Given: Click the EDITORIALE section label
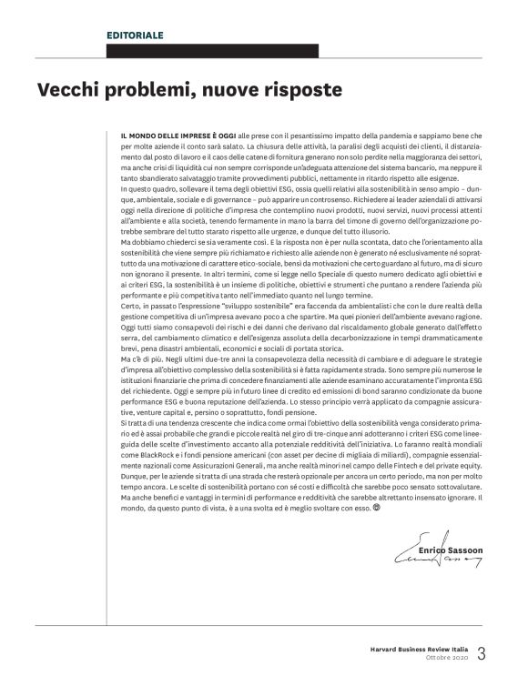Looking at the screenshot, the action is (x=135, y=35).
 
